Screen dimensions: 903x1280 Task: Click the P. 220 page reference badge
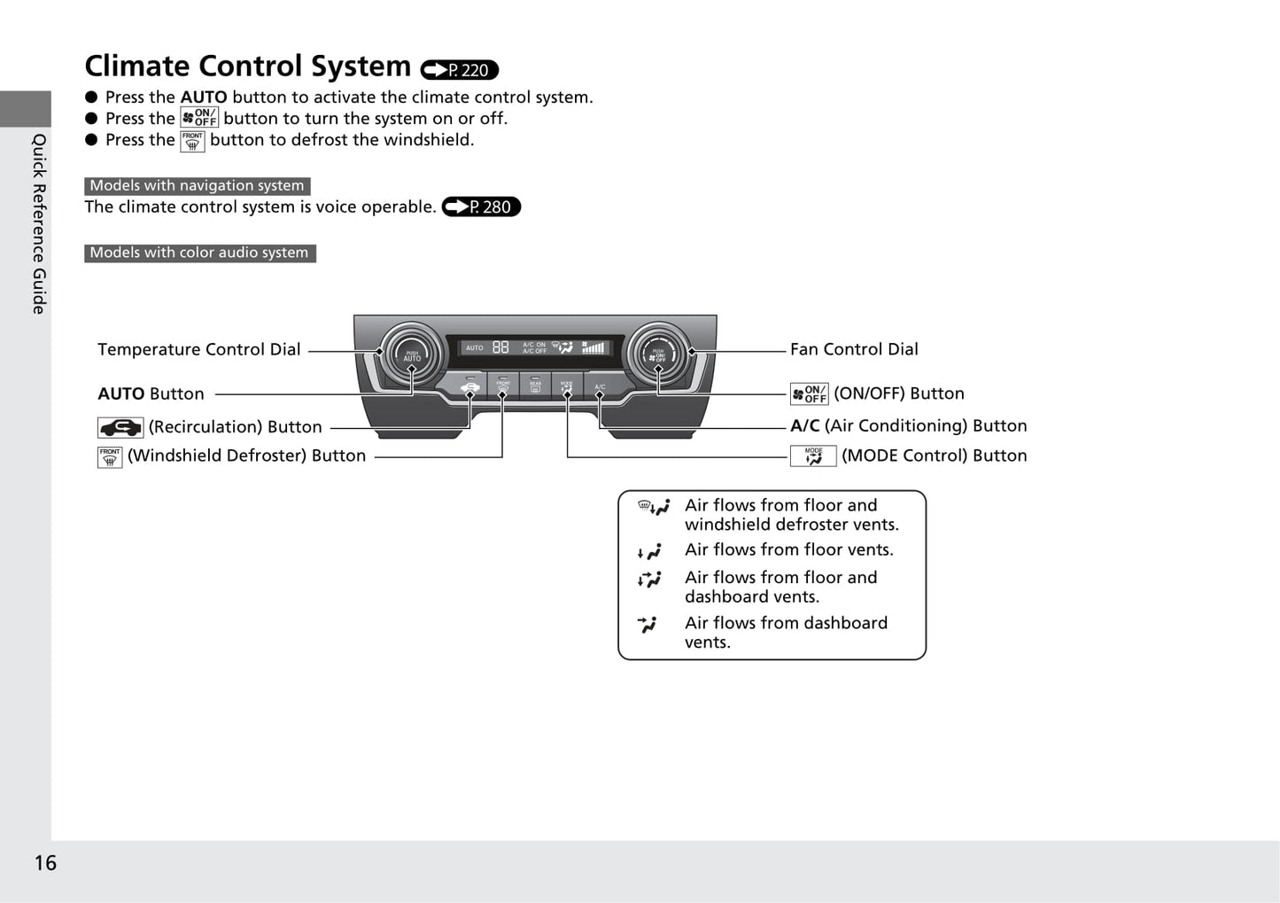point(459,70)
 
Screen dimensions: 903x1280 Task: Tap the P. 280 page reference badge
point(481,207)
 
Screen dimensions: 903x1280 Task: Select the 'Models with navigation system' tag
point(197,186)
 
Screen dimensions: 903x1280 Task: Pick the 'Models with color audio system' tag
point(199,253)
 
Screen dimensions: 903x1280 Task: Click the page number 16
point(45,863)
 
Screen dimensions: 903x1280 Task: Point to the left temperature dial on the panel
point(411,354)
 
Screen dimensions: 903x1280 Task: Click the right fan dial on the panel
point(658,354)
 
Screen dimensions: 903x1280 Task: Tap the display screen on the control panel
point(535,348)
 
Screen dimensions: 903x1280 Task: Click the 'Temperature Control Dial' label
point(199,350)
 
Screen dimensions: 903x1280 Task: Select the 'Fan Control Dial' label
point(854,350)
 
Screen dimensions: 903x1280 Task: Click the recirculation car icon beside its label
point(120,428)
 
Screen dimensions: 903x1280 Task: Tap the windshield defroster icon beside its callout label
point(110,457)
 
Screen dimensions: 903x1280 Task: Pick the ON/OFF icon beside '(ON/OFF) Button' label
point(809,394)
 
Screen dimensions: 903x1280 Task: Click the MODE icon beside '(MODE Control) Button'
point(813,456)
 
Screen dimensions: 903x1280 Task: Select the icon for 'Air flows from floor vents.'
point(649,552)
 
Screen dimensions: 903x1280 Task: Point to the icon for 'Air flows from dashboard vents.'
point(648,625)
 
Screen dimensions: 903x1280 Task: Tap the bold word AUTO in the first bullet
point(204,97)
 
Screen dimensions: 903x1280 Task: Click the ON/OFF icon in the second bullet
point(199,118)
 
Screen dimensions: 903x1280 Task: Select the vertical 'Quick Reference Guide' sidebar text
point(39,223)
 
